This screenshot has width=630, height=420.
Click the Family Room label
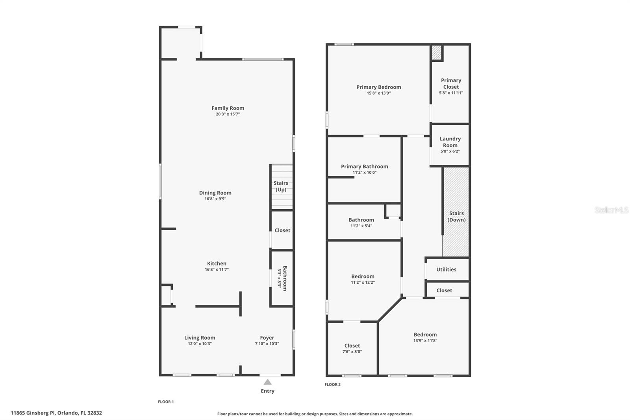(228, 108)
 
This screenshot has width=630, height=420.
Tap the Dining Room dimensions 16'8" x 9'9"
(215, 199)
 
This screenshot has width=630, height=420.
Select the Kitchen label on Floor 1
(217, 264)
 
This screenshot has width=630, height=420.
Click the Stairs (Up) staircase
(281, 186)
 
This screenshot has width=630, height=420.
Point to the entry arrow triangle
(267, 382)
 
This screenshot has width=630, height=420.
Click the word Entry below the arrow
(267, 391)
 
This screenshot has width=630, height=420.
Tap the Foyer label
(267, 338)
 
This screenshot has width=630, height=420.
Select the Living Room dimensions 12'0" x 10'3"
(200, 344)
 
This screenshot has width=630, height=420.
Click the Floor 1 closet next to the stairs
(282, 230)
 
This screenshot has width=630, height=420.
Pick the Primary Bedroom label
(378, 87)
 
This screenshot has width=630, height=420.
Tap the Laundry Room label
(450, 142)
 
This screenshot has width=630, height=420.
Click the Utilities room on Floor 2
(446, 269)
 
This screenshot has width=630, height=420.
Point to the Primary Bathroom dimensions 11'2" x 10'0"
(364, 173)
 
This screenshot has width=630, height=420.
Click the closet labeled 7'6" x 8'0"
(352, 348)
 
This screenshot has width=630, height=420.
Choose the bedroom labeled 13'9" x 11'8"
(425, 337)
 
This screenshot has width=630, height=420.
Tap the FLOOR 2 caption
(332, 385)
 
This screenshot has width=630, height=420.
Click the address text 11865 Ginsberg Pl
(33, 413)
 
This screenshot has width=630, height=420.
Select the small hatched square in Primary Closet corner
(436, 52)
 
